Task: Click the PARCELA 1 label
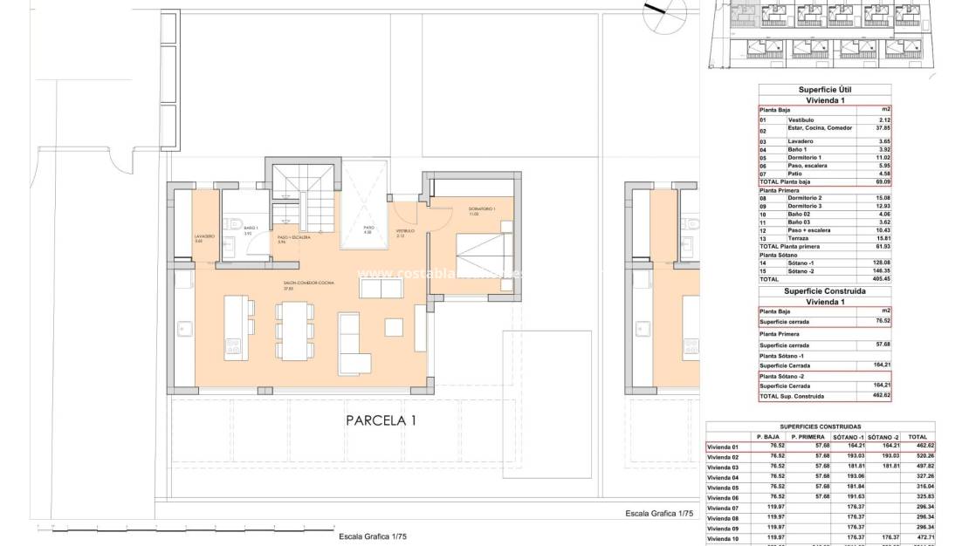381,420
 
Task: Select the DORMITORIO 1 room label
481,209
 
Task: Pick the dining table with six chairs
294,331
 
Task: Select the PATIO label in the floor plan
368,229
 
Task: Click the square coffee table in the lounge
392,327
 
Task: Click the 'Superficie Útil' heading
825,90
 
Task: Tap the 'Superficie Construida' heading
825,290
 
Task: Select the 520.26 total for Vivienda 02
917,456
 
